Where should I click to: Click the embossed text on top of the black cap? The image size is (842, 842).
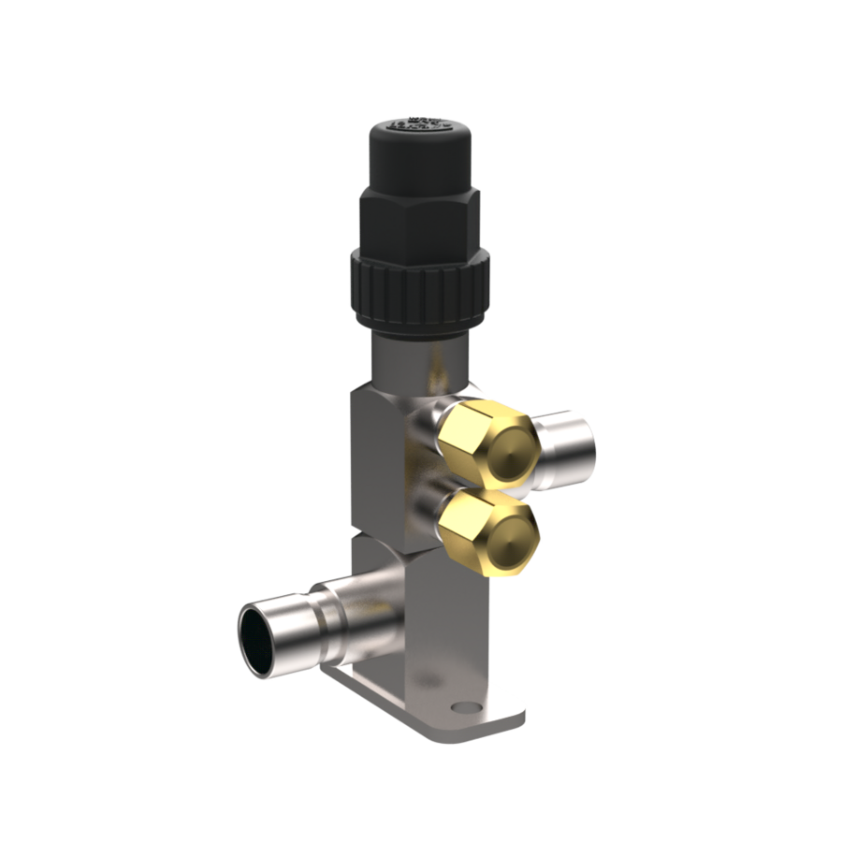tap(421, 124)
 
